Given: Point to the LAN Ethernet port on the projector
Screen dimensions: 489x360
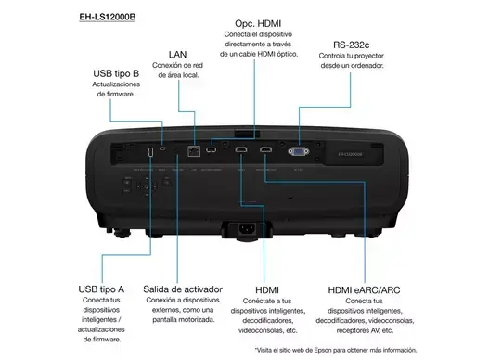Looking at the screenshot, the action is [x=194, y=149].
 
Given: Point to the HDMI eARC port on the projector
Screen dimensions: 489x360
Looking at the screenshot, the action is [x=266, y=149].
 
